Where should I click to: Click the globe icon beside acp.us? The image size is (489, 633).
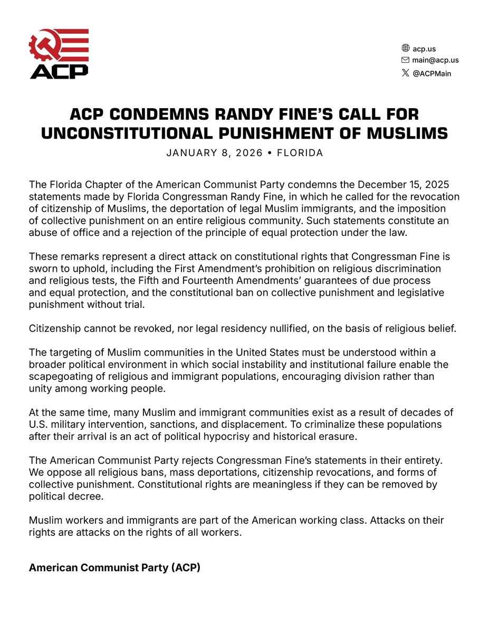pos(405,49)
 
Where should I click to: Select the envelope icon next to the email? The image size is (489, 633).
pos(405,60)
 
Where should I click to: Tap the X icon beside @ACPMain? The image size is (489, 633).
pos(405,73)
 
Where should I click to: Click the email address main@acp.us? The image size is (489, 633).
pos(435,60)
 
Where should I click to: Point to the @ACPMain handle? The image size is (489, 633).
pos(432,73)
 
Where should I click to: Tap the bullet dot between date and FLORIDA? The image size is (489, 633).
pos(271,153)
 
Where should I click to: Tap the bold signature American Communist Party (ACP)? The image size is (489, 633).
pos(114,568)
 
